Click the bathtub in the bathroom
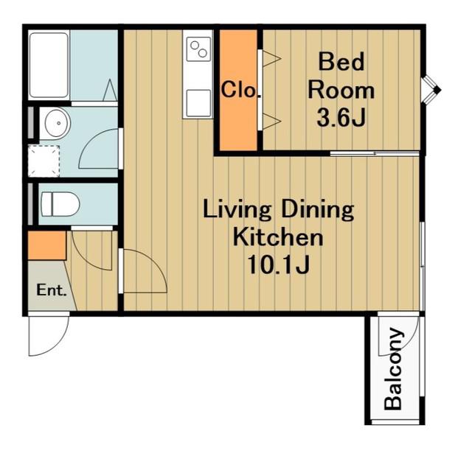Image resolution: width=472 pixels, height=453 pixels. tap(49, 65)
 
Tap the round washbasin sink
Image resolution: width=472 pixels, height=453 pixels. tap(58, 123)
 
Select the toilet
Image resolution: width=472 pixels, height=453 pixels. tap(60, 204)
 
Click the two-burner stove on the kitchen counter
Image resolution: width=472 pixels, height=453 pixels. tap(198, 49)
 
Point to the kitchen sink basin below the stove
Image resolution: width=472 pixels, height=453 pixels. tap(198, 103)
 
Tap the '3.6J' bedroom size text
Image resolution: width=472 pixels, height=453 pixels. tap(341, 118)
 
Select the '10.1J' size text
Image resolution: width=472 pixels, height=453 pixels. tap(278, 265)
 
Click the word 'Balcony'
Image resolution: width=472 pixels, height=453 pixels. tap(393, 369)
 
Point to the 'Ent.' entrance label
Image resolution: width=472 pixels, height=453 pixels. tap(51, 290)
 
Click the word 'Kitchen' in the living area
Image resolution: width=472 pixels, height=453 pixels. tap(278, 237)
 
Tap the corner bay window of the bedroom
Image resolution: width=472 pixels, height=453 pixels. tap(431, 90)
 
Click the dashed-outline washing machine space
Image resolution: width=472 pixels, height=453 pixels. tap(44, 161)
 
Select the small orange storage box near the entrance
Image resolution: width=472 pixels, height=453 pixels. tap(47, 245)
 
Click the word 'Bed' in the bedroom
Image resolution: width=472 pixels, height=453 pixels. tap(341, 62)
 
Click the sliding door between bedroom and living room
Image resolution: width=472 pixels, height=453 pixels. tap(375, 154)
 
